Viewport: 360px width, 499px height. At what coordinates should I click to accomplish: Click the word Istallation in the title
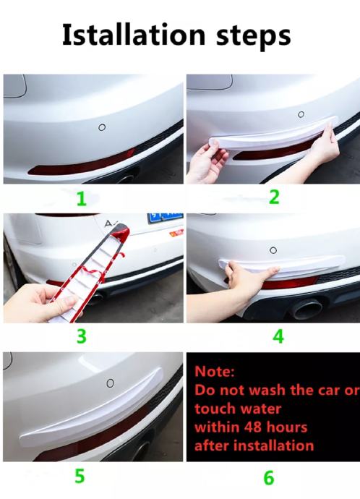pyautogui.click(x=134, y=35)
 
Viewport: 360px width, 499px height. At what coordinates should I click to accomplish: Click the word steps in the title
pyautogui.click(x=254, y=37)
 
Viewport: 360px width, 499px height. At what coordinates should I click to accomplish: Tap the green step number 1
pyautogui.click(x=82, y=199)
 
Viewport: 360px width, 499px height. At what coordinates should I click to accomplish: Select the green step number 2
pyautogui.click(x=274, y=197)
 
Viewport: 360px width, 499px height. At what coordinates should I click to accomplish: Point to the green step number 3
pyautogui.click(x=82, y=336)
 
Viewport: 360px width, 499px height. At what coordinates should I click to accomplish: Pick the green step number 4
pyautogui.click(x=278, y=336)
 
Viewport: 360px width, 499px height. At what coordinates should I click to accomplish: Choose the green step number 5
pyautogui.click(x=80, y=476)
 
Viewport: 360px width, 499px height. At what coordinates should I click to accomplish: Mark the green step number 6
pyautogui.click(x=269, y=478)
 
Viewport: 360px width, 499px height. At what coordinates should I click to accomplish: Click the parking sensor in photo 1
pyautogui.click(x=102, y=127)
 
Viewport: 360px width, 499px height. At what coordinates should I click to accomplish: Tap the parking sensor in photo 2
pyautogui.click(x=301, y=114)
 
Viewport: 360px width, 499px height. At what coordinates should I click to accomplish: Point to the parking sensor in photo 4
pyautogui.click(x=273, y=250)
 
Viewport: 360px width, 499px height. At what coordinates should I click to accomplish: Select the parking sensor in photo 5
pyautogui.click(x=110, y=383)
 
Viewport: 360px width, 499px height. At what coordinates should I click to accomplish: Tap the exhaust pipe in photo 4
pyautogui.click(x=307, y=308)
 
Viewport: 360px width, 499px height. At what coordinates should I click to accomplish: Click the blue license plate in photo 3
pyautogui.click(x=165, y=218)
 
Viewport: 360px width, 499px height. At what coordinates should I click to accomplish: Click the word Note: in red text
pyautogui.click(x=215, y=371)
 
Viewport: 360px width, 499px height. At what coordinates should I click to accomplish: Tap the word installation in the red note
pyautogui.click(x=273, y=445)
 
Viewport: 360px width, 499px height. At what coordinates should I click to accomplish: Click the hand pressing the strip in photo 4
pyautogui.click(x=248, y=276)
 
